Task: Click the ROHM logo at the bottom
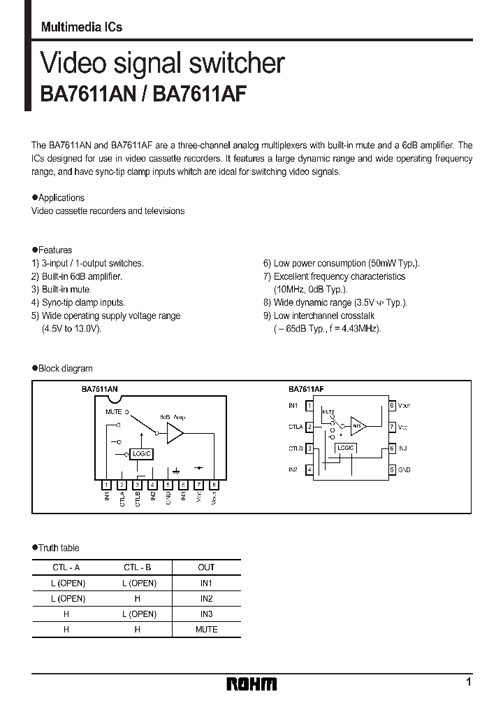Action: click(251, 684)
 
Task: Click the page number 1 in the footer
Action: click(468, 681)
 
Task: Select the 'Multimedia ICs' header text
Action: click(81, 27)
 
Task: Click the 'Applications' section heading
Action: click(61, 198)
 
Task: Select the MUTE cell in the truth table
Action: click(206, 629)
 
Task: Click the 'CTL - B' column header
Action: click(137, 567)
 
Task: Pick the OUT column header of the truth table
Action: click(206, 567)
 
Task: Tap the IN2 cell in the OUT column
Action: click(206, 598)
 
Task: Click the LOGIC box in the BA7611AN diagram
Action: click(140, 454)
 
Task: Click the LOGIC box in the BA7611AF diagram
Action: click(345, 448)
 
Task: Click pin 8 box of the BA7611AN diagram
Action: click(214, 484)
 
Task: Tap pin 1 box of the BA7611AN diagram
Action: click(106, 484)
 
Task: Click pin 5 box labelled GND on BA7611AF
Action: click(392, 469)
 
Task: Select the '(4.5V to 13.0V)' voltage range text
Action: click(72, 328)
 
